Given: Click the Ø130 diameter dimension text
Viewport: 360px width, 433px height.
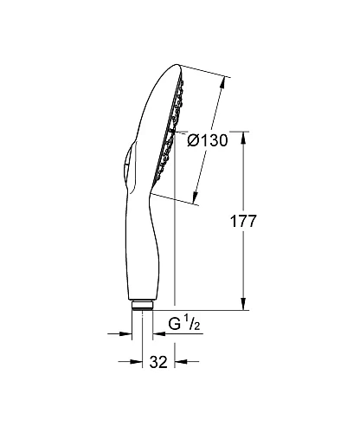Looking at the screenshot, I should [207, 140].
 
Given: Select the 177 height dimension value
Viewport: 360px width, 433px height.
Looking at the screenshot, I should [246, 221].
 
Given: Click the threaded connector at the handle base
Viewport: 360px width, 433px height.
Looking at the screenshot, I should [143, 305].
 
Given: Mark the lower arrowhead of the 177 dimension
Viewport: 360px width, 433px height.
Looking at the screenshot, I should [242, 305].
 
